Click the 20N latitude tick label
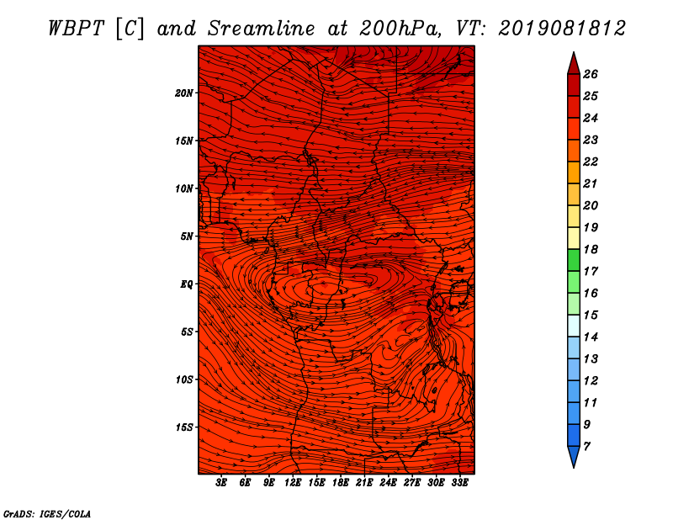(x=183, y=93)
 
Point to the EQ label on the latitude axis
(x=187, y=284)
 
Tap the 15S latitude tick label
(x=184, y=427)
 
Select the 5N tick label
(x=187, y=236)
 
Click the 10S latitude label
(x=184, y=379)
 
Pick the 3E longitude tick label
(x=221, y=483)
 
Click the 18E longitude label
(x=341, y=483)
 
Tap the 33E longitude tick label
(x=459, y=483)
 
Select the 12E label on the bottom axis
(x=293, y=483)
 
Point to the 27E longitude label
(x=412, y=483)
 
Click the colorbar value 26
(x=591, y=74)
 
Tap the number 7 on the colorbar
(x=587, y=447)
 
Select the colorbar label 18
(x=591, y=249)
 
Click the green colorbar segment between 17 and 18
(x=574, y=260)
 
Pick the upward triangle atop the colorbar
(x=574, y=64)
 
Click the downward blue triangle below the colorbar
(x=574, y=456)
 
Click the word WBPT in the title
(x=77, y=29)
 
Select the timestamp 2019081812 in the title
(x=562, y=29)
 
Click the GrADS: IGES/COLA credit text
(x=47, y=514)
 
